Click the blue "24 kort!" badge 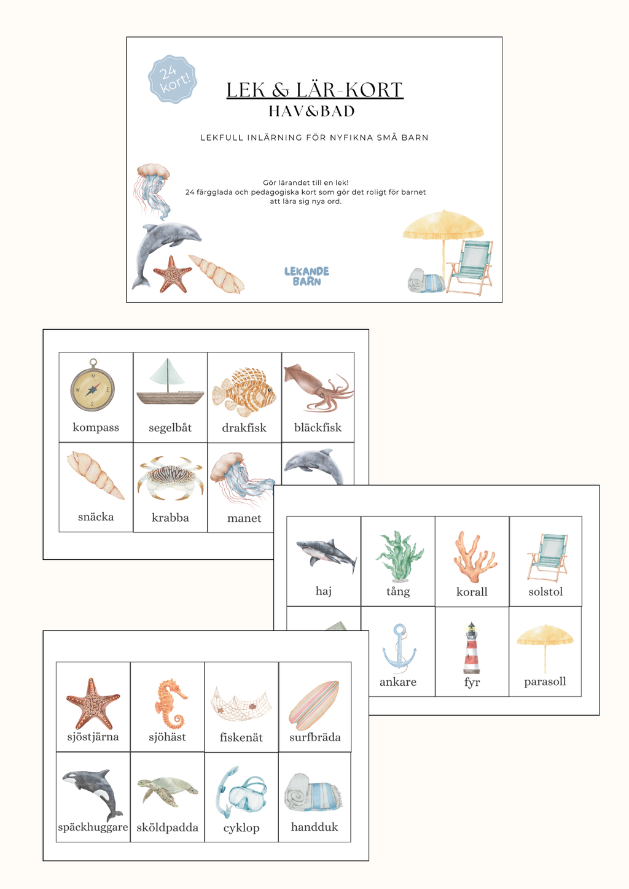coord(173,79)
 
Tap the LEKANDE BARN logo coord(307,276)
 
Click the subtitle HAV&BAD coord(311,111)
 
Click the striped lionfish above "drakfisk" coord(244,392)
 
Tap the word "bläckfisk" coord(318,427)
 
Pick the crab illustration coord(170,478)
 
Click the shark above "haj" coord(326,554)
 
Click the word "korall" coord(472,592)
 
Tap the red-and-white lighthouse coord(471,648)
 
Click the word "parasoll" coord(545,682)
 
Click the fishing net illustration coord(241,704)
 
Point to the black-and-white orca coord(93,795)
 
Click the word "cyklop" coord(241,828)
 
